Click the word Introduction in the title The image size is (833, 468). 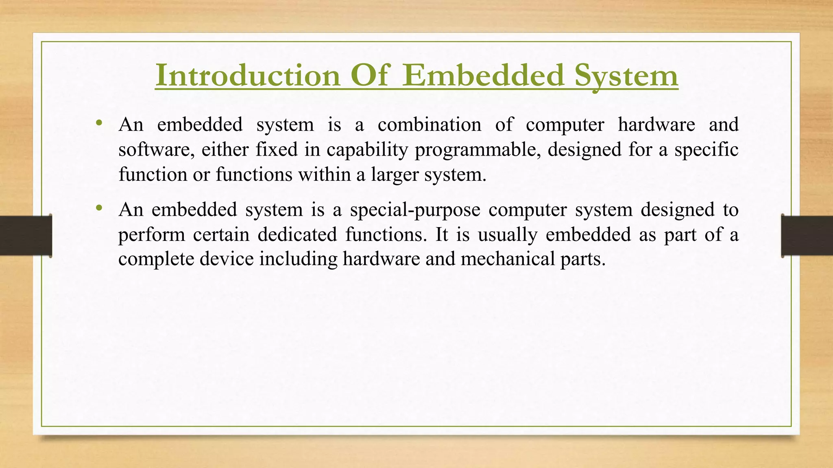(247, 76)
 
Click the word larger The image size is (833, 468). (395, 175)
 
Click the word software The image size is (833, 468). (155, 150)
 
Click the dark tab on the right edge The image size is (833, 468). (807, 236)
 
